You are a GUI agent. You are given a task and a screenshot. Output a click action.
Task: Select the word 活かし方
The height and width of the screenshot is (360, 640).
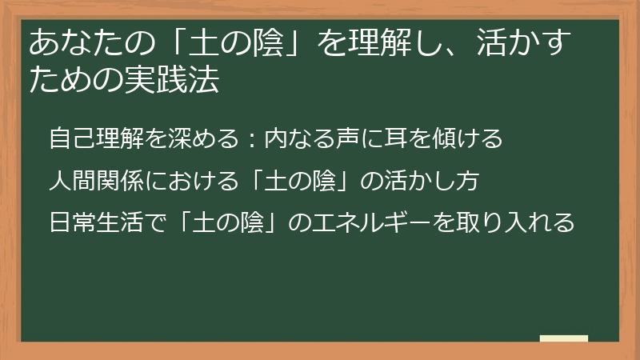[433, 181]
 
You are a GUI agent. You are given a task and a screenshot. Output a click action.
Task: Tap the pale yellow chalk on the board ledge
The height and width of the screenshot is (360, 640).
[564, 338]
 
